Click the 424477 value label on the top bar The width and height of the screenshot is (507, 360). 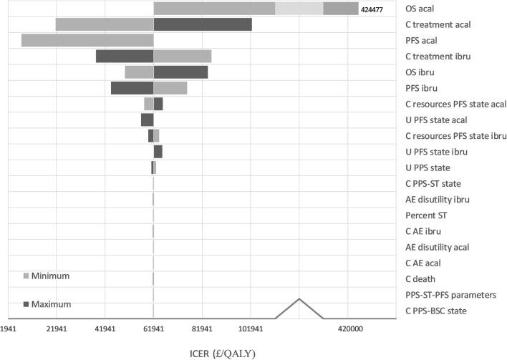coord(372,10)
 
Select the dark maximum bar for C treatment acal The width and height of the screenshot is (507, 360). coord(203,24)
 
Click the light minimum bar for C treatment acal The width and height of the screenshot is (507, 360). coord(105,24)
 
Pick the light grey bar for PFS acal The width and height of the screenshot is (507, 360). coord(87,40)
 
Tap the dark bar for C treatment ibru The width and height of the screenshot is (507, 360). coord(125,56)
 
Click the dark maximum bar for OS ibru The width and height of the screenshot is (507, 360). coord(180,72)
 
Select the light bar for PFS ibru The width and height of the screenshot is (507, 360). coord(170,87)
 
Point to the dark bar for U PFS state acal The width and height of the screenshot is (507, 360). coord(148,120)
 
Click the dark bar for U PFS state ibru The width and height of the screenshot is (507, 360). coord(158,151)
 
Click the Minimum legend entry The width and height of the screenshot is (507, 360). coord(50,276)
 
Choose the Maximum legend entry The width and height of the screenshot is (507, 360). coord(51,304)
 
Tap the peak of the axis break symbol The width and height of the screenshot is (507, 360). coord(299,298)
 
